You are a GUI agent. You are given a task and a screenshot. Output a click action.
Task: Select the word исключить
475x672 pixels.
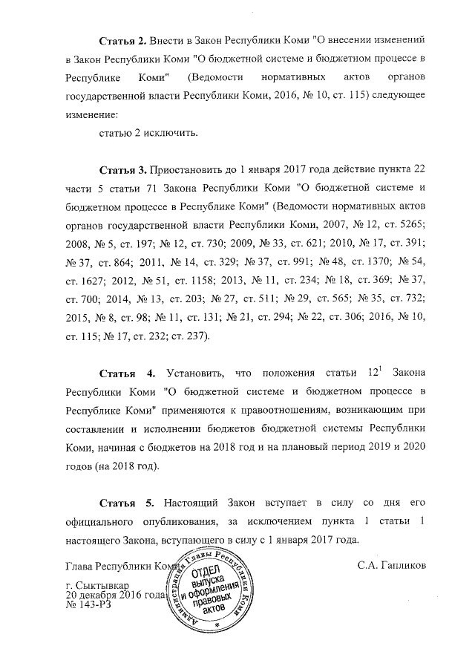click(171, 133)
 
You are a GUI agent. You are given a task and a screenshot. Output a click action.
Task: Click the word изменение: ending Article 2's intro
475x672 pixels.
click(93, 114)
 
